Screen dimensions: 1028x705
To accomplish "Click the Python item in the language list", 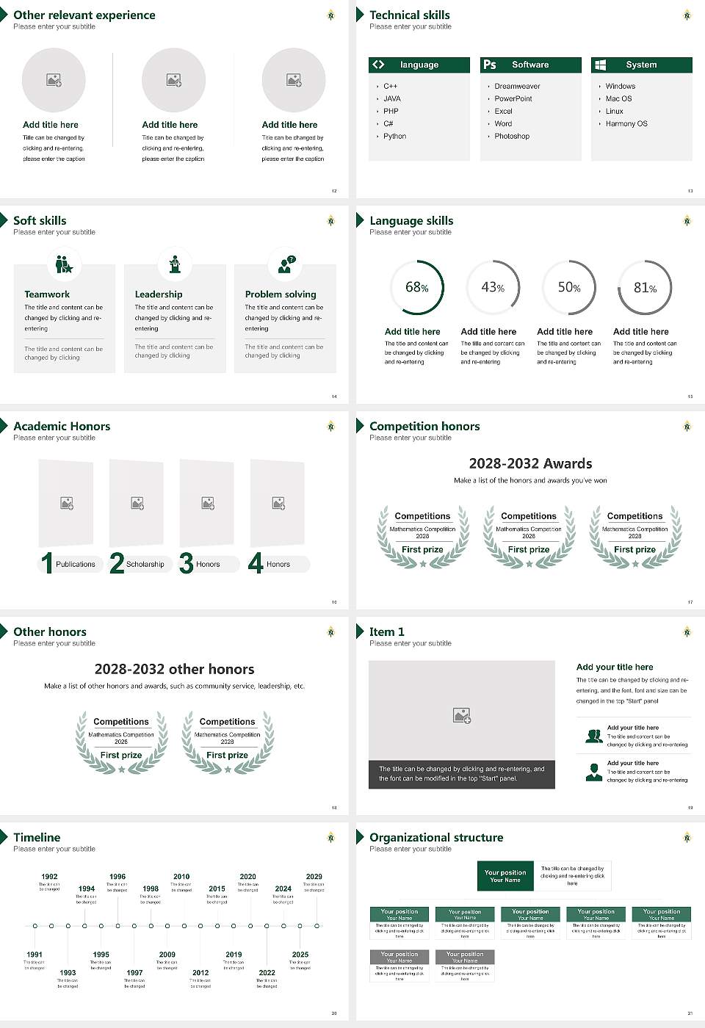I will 394,137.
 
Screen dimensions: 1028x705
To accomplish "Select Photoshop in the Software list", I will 511,137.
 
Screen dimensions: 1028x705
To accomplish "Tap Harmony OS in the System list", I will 626,124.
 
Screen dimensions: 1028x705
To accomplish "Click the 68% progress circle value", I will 416,288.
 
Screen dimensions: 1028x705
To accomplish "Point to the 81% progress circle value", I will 645,288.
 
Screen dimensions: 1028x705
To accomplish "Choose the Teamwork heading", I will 47,294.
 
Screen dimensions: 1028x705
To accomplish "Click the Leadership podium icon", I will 175,264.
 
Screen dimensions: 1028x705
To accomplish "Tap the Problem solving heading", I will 281,294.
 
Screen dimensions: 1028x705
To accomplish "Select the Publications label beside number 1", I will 75,565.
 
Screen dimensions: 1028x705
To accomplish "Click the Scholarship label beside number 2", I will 145,565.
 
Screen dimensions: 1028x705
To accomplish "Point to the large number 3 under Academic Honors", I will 187,563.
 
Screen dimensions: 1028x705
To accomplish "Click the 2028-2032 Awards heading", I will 530,464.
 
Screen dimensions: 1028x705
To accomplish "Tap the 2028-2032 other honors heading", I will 174,670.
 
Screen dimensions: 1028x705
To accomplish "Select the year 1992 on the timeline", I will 49,877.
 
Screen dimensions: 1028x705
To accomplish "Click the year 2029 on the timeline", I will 314,877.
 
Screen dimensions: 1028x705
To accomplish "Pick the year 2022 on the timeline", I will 267,973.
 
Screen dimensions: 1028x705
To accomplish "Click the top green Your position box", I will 505,876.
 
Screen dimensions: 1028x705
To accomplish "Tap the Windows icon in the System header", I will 600,65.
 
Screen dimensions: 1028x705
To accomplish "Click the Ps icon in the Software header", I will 490,65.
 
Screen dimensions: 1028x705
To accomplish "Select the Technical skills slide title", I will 409,15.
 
